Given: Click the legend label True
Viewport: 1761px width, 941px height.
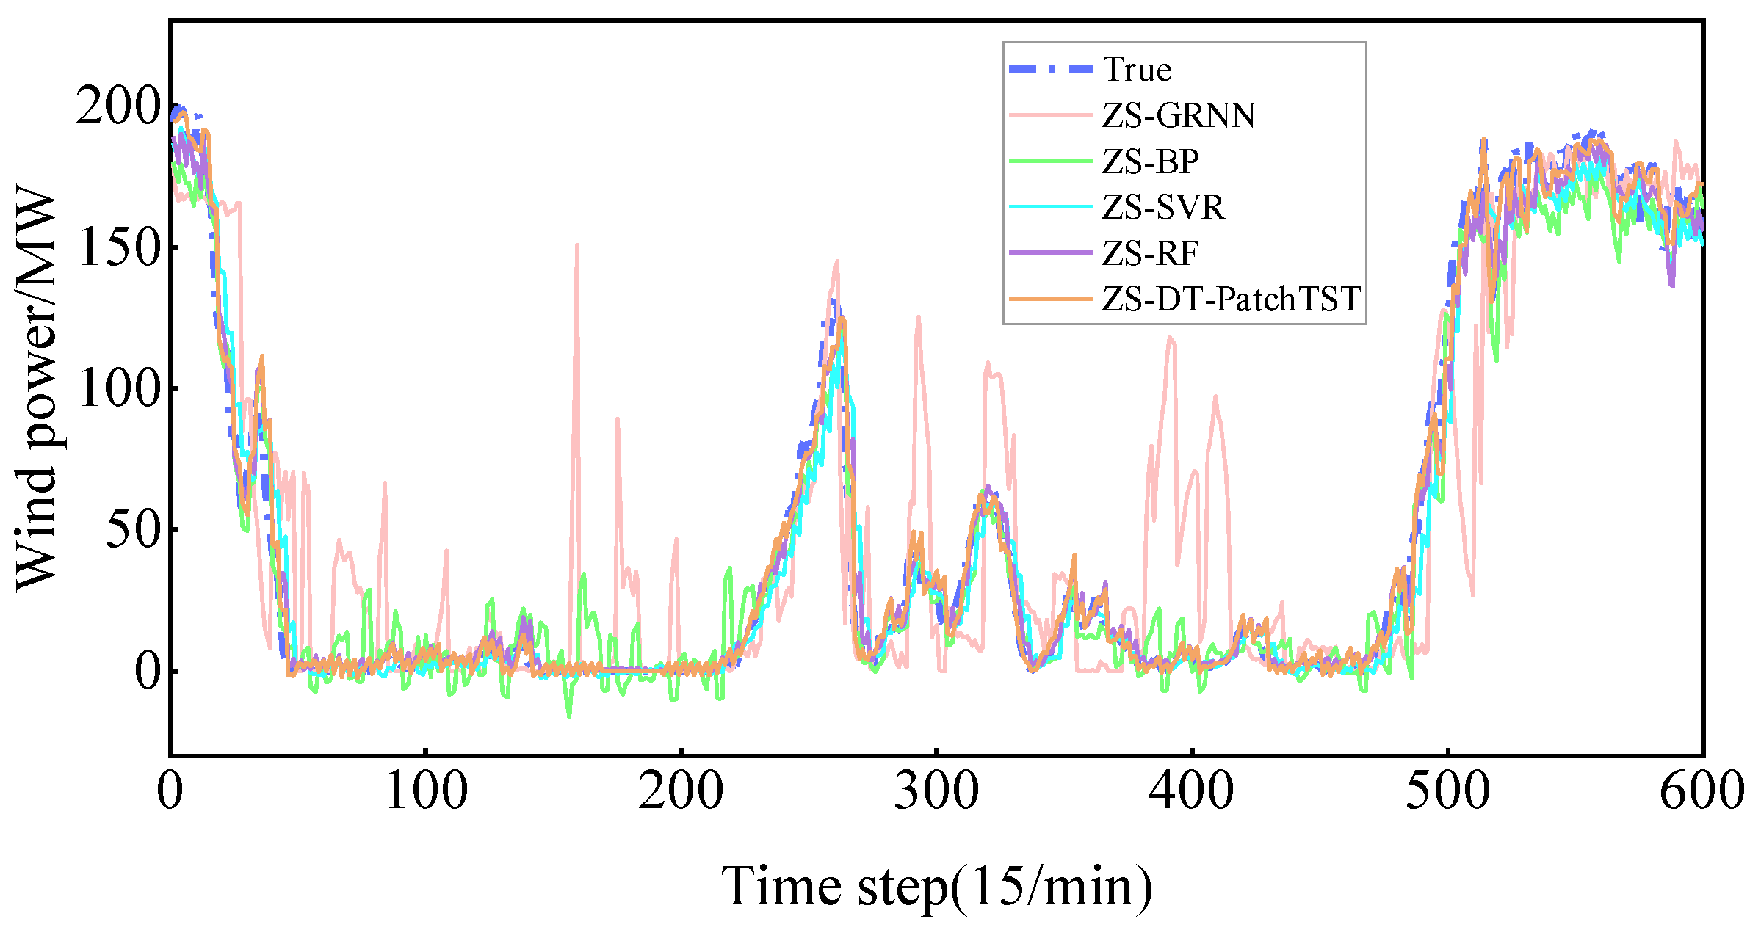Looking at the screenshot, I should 1137,70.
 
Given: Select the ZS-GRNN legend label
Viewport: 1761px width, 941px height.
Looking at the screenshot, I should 1179,115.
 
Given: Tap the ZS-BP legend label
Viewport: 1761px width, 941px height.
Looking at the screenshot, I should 1150,161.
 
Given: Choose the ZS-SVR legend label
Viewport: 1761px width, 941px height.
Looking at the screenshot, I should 1163,207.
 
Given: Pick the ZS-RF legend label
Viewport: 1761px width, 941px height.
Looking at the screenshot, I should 1149,253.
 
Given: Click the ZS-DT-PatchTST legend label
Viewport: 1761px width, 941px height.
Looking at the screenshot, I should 1231,299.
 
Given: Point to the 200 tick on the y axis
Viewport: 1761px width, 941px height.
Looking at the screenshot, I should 117,106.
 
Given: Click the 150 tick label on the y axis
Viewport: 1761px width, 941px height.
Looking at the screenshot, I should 117,247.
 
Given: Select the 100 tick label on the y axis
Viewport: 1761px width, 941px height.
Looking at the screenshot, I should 117,388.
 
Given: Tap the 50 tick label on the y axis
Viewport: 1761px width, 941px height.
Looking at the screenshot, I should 133,530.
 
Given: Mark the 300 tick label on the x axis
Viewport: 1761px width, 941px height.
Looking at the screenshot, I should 936,791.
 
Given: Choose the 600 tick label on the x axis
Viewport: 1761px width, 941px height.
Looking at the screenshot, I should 1702,791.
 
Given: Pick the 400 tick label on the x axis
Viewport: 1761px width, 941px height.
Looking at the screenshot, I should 1191,791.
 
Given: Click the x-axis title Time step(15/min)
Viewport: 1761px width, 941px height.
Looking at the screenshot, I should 936,886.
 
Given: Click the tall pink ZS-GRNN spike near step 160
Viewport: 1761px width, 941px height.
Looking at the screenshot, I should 577,247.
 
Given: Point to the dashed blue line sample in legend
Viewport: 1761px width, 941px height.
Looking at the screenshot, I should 1050,69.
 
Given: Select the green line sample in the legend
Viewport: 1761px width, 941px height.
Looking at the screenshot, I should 1050,161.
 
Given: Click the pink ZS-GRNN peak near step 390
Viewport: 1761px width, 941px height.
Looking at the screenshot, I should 1170,338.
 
